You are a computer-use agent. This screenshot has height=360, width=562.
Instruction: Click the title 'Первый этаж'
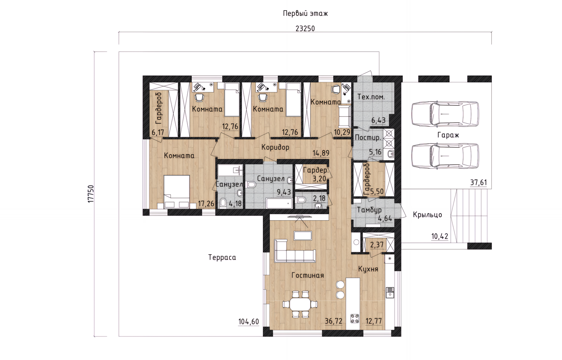305,13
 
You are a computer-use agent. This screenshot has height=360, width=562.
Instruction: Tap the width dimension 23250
305,29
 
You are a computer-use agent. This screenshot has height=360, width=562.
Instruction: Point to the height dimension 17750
91,194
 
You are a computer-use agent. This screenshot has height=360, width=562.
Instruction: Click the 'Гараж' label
448,135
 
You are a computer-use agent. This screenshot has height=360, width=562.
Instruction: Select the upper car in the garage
445,114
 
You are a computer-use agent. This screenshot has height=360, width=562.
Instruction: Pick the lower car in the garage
445,156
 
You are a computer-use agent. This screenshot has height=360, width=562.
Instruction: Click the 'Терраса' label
222,257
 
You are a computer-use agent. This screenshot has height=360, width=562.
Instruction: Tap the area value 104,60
249,322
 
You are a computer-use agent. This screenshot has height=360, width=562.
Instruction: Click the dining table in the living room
300,304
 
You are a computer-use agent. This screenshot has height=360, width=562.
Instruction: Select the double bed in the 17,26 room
177,192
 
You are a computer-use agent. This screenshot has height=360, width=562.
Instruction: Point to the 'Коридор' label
275,147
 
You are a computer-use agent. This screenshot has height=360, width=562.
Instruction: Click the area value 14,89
321,153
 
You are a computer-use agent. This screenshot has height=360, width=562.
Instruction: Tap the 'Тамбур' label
369,210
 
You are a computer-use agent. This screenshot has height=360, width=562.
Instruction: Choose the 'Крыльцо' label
427,215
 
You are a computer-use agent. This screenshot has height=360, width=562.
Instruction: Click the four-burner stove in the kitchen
355,318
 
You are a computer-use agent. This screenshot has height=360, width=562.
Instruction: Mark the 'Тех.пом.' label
371,97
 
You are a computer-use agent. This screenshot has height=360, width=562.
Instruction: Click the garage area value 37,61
479,182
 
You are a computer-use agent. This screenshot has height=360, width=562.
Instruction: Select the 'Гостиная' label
308,275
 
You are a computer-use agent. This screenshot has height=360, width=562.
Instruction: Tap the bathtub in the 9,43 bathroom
279,203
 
